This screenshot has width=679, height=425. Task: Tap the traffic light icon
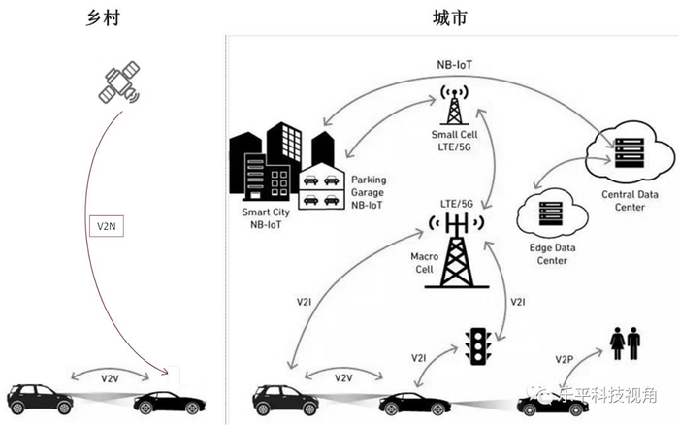(477, 345)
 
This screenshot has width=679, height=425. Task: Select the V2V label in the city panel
(343, 377)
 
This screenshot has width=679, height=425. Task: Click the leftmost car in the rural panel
(39, 397)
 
